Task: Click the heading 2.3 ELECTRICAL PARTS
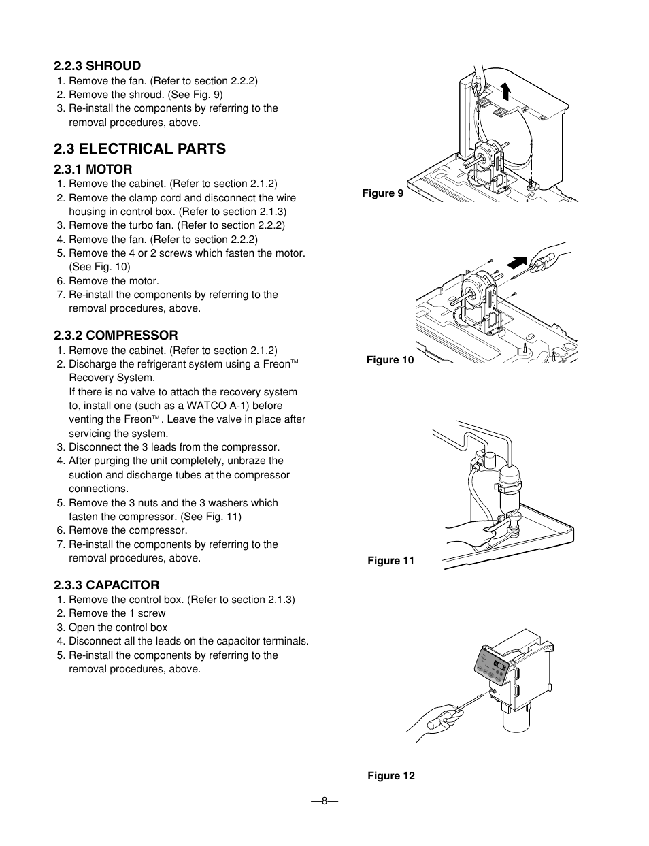pos(140,148)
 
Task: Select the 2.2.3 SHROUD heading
pos(97,65)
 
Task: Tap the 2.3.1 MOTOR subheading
pos(93,169)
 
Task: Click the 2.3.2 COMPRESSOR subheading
pos(116,335)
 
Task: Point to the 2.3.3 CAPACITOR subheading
pos(107,585)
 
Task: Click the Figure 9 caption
pos(382,193)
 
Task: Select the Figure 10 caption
pos(390,360)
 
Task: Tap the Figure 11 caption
pos(390,561)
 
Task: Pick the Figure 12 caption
pos(390,776)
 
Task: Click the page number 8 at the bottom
pos(324,800)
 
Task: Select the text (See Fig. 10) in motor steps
pos(99,267)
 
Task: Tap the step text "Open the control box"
pos(117,628)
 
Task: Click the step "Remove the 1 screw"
pos(116,613)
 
